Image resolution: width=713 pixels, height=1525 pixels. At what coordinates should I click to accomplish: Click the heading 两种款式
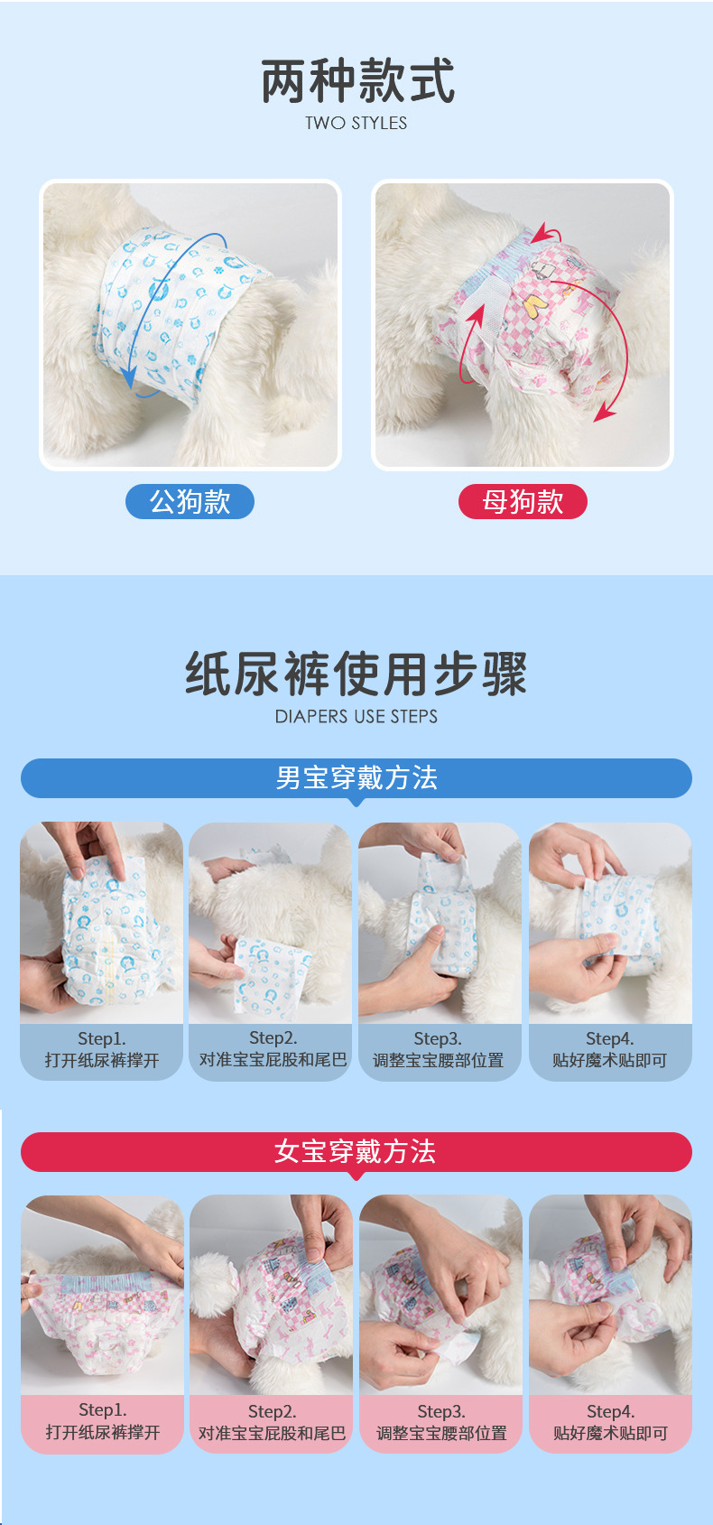coord(357,81)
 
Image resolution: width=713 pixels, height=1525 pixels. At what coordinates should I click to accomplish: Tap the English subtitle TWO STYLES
coord(356,124)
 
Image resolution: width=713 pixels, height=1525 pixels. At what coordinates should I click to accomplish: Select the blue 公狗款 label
coord(190,502)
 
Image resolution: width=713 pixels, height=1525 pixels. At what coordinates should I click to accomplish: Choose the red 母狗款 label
coord(523,502)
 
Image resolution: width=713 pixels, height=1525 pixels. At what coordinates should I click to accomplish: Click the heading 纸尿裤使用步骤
coord(356,674)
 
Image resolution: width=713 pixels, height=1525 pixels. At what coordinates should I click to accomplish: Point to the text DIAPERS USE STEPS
coord(356,717)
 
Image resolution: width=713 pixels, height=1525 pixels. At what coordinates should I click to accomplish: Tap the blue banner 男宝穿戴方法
coord(356,778)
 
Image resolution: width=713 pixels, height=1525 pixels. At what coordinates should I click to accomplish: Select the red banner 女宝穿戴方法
coord(356,1152)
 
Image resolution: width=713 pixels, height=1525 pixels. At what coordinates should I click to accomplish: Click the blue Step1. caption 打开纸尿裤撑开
coord(101,1050)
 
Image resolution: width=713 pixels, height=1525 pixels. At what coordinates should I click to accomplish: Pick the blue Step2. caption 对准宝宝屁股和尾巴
coord(272,1050)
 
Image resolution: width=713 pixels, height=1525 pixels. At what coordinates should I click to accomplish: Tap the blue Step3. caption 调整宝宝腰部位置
coord(439,1050)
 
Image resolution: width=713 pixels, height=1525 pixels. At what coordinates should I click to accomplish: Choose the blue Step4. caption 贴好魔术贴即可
coord(609,1050)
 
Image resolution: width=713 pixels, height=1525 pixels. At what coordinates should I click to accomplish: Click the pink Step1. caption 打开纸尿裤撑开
coord(102,1422)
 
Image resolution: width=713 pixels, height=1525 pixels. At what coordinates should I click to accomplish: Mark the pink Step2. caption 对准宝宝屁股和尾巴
coord(272,1423)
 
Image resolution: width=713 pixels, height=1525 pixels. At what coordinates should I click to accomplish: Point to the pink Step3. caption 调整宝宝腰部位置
coord(441,1423)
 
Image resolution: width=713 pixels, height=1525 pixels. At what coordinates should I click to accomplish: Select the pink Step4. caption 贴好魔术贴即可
coord(610,1423)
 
